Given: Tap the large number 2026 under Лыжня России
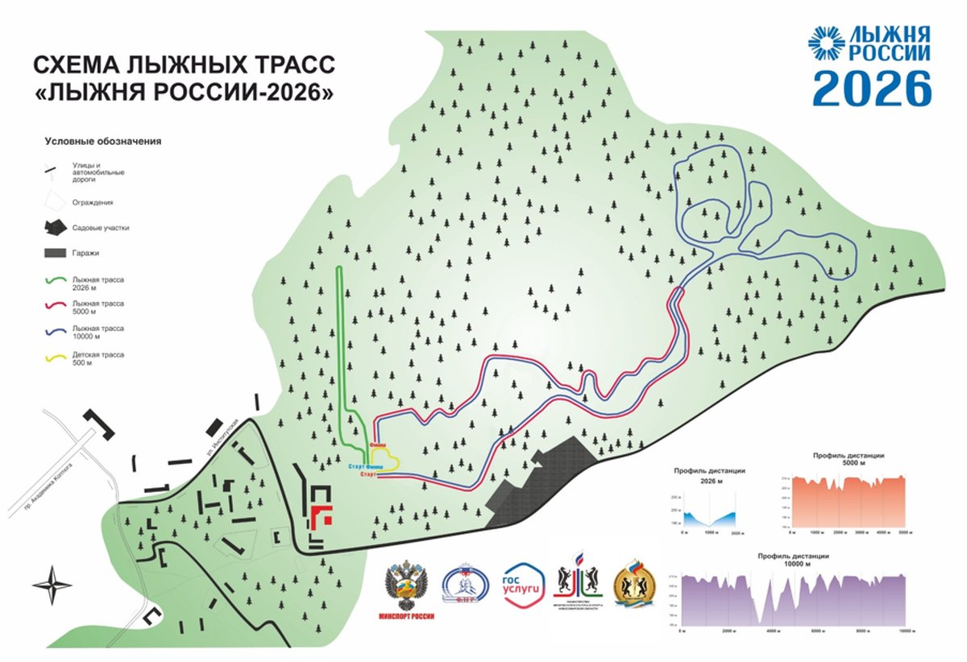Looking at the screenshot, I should pos(871,88).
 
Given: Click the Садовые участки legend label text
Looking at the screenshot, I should pos(100,228).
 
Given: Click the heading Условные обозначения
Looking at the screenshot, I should pos(102,141).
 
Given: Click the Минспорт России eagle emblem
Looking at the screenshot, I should pos(405,585).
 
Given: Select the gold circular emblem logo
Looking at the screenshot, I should pos(635,584).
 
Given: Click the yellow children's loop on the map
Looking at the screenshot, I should pos(388,459).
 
